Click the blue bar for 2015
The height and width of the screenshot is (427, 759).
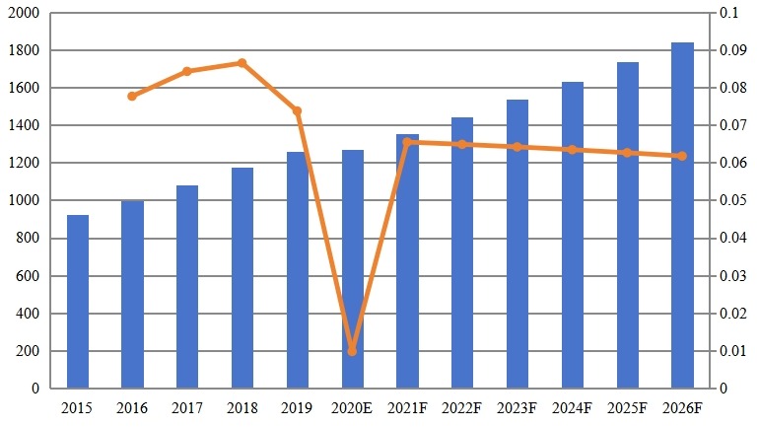(x=77, y=301)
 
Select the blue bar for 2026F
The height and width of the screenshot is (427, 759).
(x=682, y=215)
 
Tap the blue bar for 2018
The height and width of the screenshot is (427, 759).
(x=242, y=278)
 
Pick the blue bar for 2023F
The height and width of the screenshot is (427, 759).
(x=517, y=244)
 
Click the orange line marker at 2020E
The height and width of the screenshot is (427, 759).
(x=352, y=351)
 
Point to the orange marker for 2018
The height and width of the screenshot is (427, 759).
(x=242, y=63)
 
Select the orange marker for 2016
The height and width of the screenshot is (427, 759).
(x=132, y=96)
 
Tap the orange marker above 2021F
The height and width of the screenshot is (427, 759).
(x=407, y=142)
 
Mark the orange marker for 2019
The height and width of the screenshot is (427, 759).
(x=297, y=111)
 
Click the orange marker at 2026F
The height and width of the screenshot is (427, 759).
(x=682, y=156)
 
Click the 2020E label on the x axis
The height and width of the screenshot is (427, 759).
(x=352, y=406)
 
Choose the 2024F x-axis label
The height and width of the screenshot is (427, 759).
(x=573, y=406)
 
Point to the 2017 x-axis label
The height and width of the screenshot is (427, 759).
(x=187, y=406)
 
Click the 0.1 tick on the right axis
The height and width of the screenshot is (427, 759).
(x=729, y=13)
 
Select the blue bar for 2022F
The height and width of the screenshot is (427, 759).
(x=462, y=252)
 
